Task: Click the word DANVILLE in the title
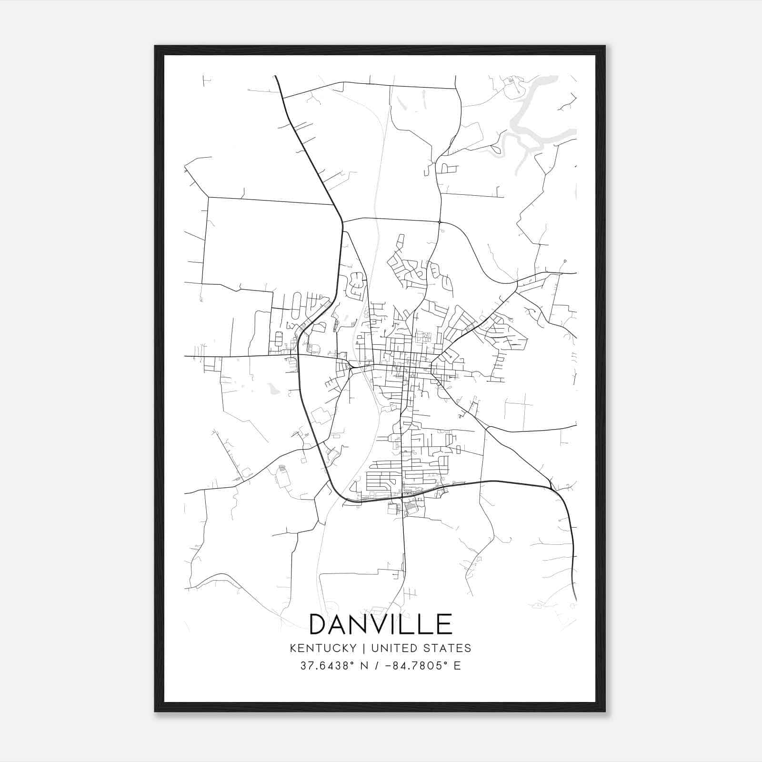(x=381, y=624)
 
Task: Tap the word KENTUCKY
(x=322, y=648)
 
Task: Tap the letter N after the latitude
(x=365, y=666)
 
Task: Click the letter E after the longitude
(x=457, y=666)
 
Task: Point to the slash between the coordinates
(x=377, y=666)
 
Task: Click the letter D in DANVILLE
(x=319, y=624)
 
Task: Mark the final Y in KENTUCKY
(x=352, y=648)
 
